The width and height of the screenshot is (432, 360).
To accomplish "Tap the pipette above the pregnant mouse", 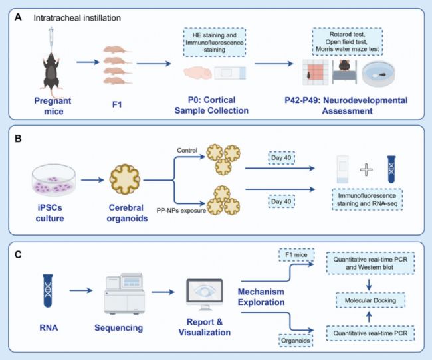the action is (51, 39).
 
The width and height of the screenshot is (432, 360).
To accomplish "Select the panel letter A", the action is (18, 17).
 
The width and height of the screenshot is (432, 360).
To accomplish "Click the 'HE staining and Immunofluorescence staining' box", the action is (215, 43).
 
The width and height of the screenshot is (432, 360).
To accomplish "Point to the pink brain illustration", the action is (198, 73).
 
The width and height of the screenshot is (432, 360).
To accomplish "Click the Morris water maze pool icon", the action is (378, 74).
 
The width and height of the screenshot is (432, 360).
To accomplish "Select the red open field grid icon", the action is (316, 72).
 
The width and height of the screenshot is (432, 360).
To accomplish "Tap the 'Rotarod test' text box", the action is (347, 42).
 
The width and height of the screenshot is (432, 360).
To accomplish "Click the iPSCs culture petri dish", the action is (54, 180).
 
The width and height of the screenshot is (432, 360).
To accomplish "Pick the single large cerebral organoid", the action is (125, 179).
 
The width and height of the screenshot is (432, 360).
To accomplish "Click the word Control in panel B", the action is (187, 150).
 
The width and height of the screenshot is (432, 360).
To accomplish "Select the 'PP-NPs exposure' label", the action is (181, 211).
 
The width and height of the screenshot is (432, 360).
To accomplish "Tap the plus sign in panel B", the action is (366, 169).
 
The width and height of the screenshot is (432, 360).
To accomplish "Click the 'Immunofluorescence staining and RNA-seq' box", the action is (367, 199).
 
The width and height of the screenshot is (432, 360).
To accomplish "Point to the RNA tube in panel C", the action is (48, 290).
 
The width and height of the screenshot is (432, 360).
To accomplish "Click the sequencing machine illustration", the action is (124, 294).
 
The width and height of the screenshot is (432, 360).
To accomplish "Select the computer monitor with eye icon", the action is (205, 294).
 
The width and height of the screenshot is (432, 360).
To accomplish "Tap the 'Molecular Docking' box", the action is (370, 300).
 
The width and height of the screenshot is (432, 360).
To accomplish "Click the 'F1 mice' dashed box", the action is (296, 255).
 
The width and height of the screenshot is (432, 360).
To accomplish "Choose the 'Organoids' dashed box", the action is (296, 341).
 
